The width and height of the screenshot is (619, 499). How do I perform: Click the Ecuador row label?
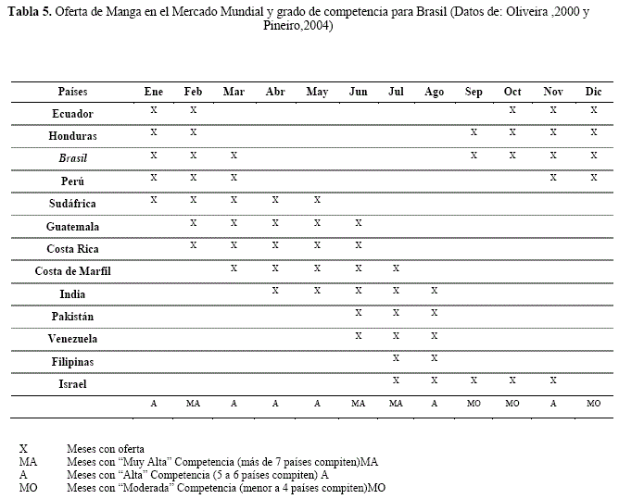tap(72, 114)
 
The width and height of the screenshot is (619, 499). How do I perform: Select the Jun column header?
tap(358, 92)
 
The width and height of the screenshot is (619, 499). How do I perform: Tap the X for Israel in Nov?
tap(553, 379)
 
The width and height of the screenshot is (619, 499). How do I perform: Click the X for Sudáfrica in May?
tap(317, 199)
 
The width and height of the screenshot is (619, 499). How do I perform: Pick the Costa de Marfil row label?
tap(72, 271)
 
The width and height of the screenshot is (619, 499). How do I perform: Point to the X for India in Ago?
tap(434, 290)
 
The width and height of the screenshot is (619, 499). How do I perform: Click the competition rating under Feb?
tap(194, 405)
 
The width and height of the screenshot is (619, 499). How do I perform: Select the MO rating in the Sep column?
tap(474, 405)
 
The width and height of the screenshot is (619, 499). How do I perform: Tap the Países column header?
tap(72, 92)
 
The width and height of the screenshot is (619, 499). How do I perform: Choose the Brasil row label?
tap(72, 158)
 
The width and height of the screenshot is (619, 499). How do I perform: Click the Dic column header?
tap(594, 92)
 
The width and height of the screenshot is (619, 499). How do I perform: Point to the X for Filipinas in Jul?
tap(396, 356)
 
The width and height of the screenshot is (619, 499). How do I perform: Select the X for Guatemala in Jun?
tap(358, 222)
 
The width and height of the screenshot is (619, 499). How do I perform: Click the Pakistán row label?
tap(72, 316)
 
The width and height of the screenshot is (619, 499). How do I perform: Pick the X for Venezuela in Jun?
tap(358, 334)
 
